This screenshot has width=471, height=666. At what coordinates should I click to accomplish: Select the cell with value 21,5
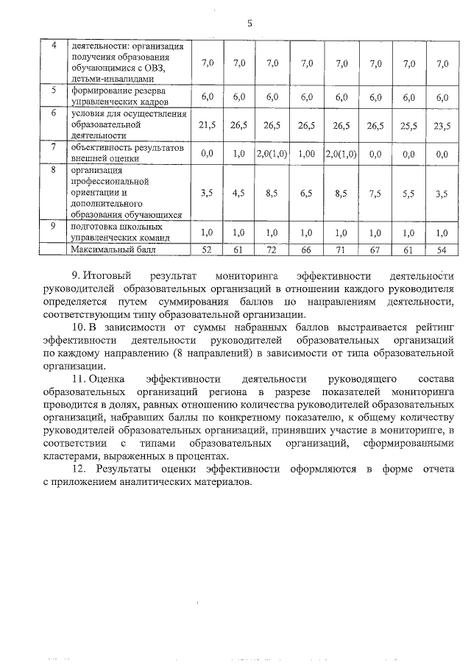coord(207,125)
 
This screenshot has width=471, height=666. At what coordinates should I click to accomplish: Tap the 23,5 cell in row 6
coord(442,125)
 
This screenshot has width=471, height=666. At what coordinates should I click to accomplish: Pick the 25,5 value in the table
coord(409,125)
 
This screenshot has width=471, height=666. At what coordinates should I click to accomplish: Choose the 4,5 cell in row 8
coord(238,193)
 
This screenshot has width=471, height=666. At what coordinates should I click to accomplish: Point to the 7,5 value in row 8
coord(376,193)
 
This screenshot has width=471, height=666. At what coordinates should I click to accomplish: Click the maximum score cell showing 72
coord(272,250)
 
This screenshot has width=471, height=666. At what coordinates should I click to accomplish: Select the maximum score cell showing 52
coord(207,250)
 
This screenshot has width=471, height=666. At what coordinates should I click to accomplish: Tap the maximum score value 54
coord(442,250)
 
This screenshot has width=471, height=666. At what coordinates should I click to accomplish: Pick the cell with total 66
coord(307,250)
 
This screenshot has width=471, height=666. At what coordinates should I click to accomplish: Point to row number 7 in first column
coord(53,147)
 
